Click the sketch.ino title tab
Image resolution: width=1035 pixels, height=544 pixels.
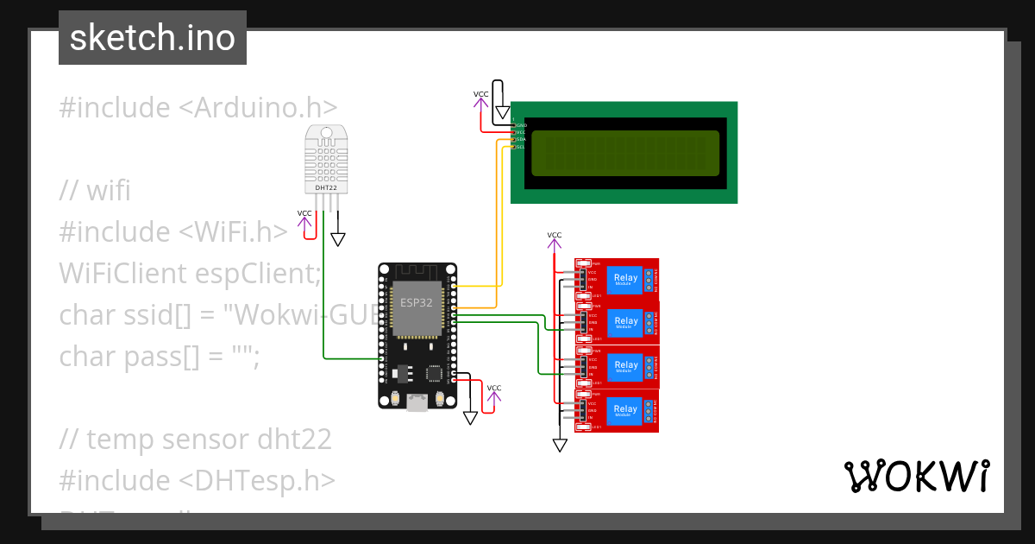point(153,38)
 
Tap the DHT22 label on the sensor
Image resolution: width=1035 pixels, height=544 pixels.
point(326,187)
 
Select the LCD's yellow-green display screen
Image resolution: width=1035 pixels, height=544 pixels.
point(624,153)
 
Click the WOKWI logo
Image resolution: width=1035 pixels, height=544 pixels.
point(916,477)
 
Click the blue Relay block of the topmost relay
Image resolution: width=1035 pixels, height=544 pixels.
point(626,278)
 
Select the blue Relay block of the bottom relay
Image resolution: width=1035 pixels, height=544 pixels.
point(626,409)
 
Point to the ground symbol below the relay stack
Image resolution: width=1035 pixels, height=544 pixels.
point(560,445)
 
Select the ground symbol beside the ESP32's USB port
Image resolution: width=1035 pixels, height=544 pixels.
point(470,417)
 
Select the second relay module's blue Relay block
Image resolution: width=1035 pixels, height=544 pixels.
point(626,321)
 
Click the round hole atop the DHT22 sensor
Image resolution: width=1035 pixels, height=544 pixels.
point(326,134)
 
